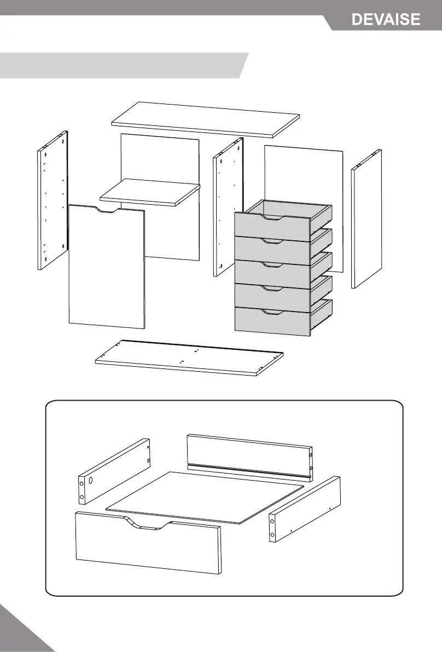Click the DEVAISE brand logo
(x=386, y=20)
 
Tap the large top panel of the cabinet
(x=206, y=119)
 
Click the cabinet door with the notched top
(x=107, y=268)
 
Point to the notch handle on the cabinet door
(x=107, y=210)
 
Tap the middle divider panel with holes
(x=226, y=208)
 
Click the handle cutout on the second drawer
(x=272, y=241)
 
